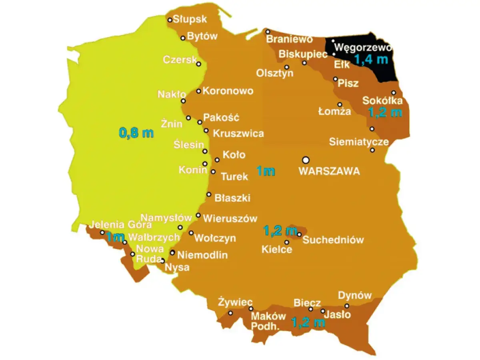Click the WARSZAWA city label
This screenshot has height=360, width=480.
pyautogui.click(x=329, y=172)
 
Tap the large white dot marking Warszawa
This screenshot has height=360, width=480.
pyautogui.click(x=306, y=160)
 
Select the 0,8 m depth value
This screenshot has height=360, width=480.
pyautogui.click(x=136, y=133)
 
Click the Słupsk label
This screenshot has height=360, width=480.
pyautogui.click(x=190, y=19)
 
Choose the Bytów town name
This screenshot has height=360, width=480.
pyautogui.click(x=202, y=36)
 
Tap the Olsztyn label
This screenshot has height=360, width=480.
pyautogui.click(x=275, y=73)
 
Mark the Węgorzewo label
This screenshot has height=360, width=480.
pyautogui.click(x=362, y=47)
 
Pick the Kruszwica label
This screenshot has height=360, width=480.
pyautogui.click(x=238, y=133)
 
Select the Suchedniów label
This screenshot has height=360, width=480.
pyautogui.click(x=333, y=240)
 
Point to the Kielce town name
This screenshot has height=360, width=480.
pyautogui.click(x=277, y=250)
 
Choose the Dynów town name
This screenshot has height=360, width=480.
pyautogui.click(x=355, y=296)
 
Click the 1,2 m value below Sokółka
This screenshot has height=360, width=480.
pyautogui.click(x=385, y=113)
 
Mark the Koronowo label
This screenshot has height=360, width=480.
pyautogui.click(x=228, y=91)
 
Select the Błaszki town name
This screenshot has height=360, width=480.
pyautogui.click(x=232, y=198)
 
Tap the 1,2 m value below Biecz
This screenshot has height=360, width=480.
pyautogui.click(x=308, y=322)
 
